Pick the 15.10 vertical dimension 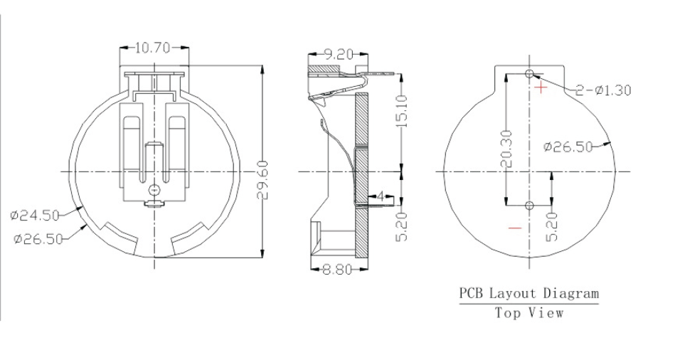click(402, 110)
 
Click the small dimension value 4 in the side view click(381, 196)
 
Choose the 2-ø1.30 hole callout click(603, 90)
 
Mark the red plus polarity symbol click(542, 88)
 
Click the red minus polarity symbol click(515, 228)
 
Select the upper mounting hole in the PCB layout click(528, 74)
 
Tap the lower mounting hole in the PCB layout click(528, 206)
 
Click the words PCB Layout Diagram click(528, 292)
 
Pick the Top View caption click(529, 312)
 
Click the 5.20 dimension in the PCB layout click(553, 226)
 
